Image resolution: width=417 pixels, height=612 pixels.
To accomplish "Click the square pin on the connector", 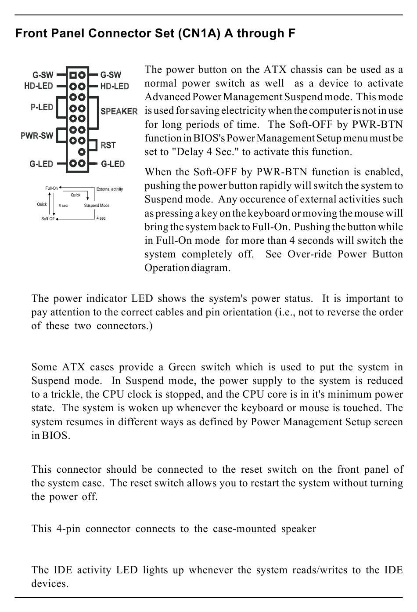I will (73, 75).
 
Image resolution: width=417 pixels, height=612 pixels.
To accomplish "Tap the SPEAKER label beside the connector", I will (119, 112).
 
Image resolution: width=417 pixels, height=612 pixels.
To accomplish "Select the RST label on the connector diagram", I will (108, 145).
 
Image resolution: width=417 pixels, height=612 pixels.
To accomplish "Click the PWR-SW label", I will (37, 135).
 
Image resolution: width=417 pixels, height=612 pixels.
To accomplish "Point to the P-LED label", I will (42, 107).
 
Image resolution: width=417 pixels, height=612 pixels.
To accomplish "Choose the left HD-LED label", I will (39, 86).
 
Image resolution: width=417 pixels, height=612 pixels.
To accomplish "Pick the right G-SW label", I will (111, 75).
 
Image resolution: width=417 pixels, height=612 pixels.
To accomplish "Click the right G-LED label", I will (113, 164).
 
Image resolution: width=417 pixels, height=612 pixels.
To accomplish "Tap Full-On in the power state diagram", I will (51, 188).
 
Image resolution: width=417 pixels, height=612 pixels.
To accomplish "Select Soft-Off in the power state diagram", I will (48, 219).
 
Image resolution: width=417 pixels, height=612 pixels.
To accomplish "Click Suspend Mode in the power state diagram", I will (97, 206).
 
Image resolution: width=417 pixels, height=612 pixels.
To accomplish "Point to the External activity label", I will (110, 189).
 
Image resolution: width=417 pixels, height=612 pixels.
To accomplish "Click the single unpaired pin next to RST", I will (82, 152).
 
